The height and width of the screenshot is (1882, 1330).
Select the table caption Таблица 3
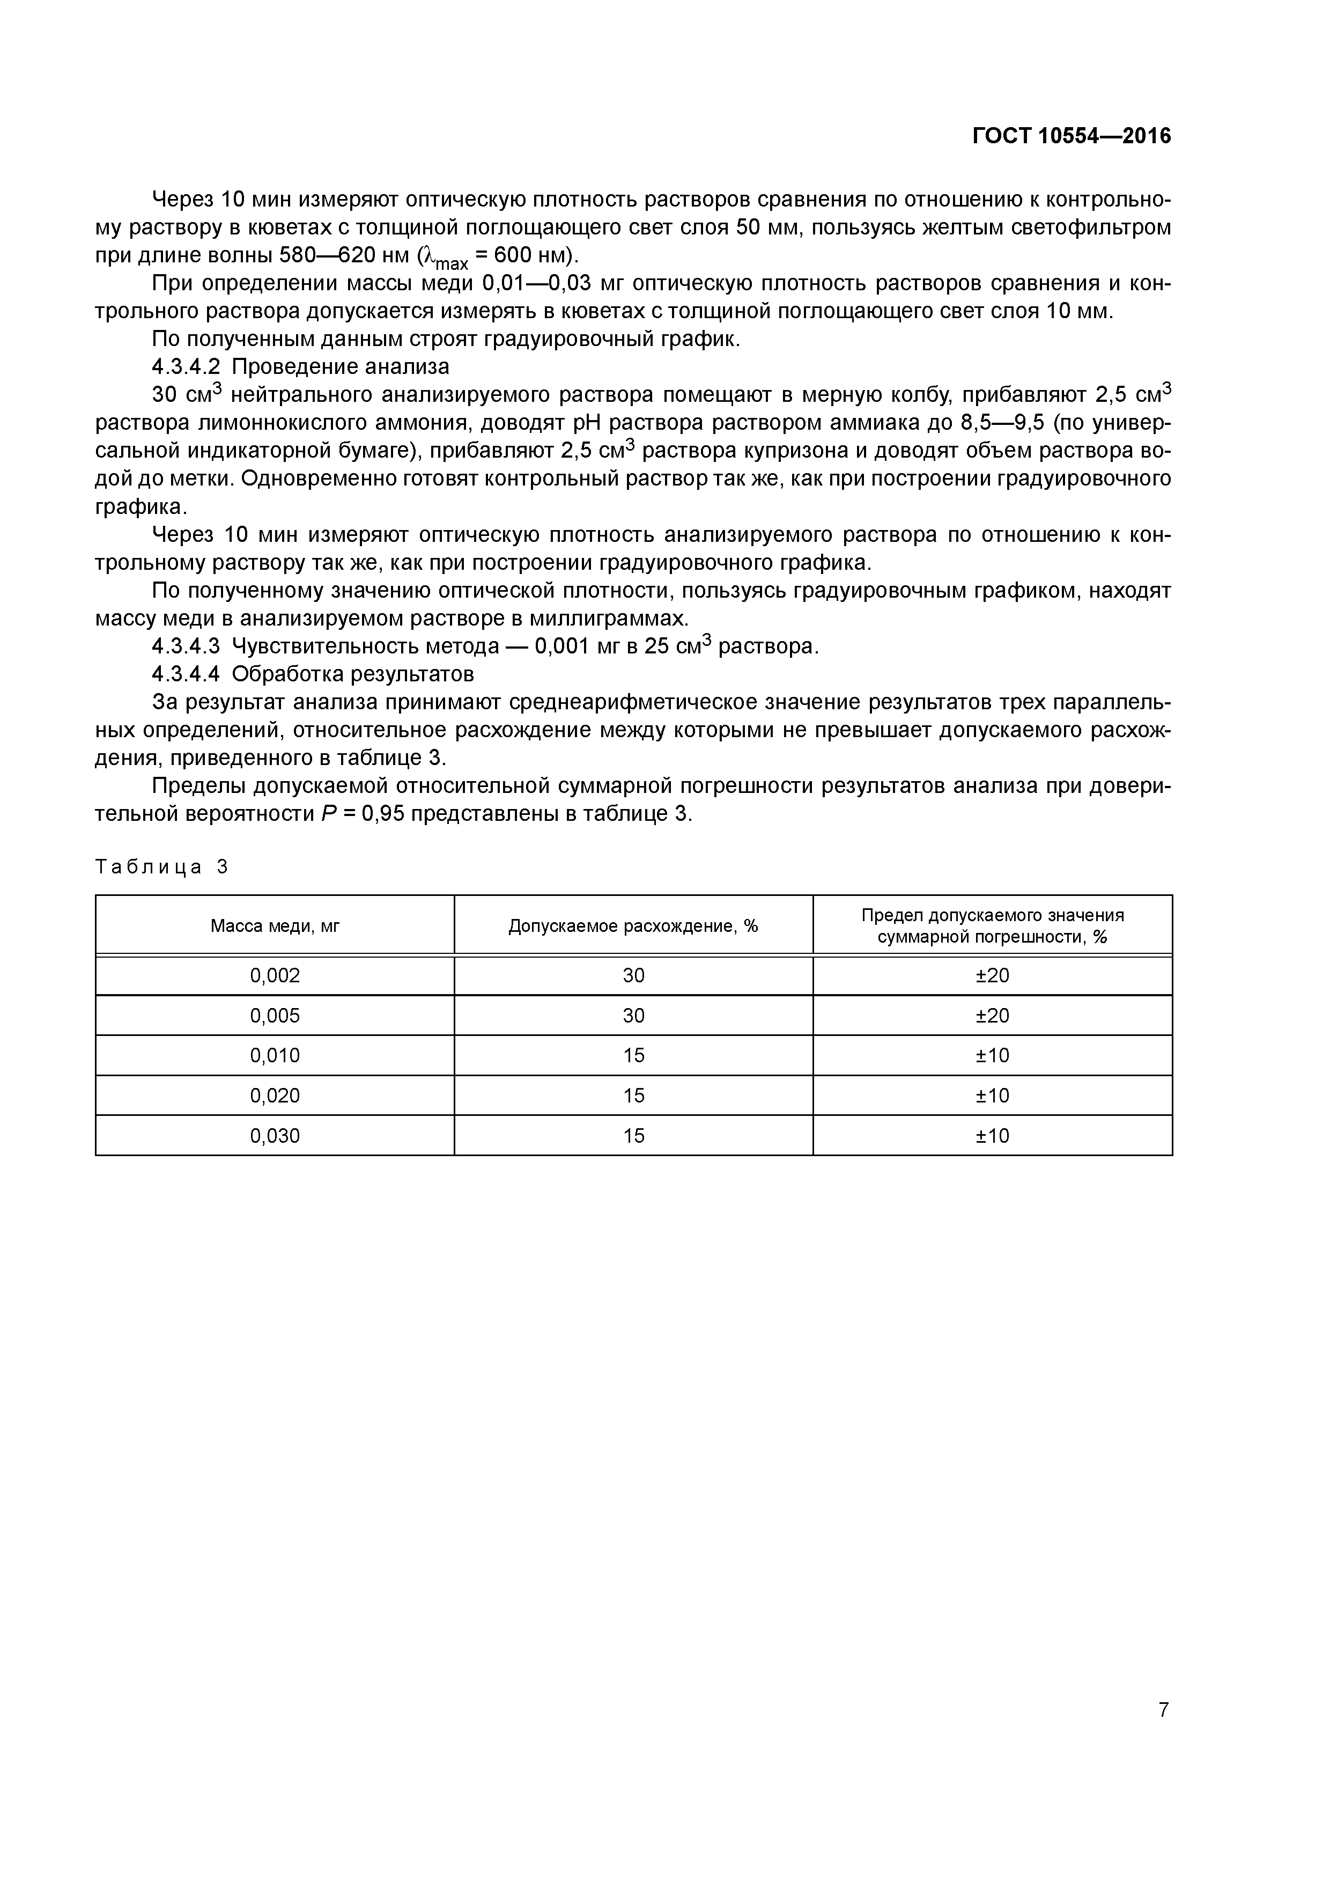[x=162, y=866]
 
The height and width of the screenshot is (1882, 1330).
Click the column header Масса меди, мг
[x=275, y=925]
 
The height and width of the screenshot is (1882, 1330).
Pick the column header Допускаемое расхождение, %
[x=633, y=925]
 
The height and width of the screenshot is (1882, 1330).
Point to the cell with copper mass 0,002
[x=275, y=975]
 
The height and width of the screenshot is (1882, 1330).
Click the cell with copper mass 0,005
[x=275, y=1016]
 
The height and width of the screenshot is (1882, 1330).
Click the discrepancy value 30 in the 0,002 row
[x=633, y=975]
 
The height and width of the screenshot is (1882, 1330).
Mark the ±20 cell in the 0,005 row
[x=992, y=1016]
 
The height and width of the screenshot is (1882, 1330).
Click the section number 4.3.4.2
[x=186, y=366]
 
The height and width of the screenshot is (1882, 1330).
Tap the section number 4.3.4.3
[x=186, y=646]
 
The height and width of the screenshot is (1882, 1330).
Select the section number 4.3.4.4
[x=186, y=674]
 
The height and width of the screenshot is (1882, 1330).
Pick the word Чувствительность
[x=366, y=646]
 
